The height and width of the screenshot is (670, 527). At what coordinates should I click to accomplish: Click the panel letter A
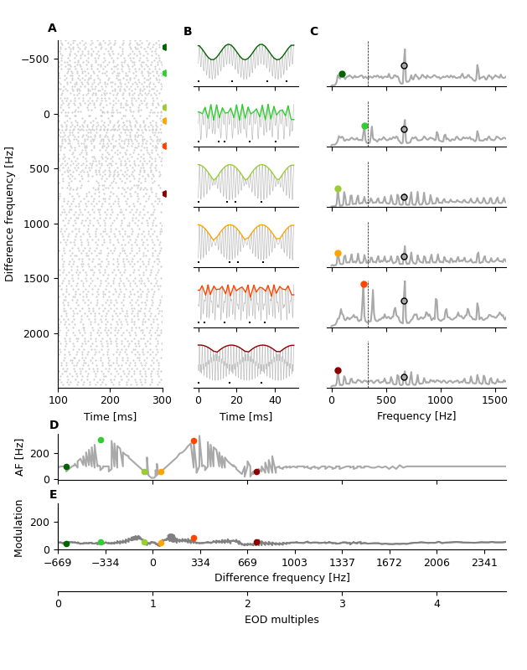click(x=52, y=28)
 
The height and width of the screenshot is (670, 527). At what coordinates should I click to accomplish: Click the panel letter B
click(x=188, y=32)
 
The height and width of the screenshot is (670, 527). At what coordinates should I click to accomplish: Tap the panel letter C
click(x=313, y=32)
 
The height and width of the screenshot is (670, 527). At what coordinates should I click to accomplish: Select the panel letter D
click(x=54, y=425)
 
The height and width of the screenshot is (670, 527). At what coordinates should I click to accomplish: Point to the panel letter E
click(x=53, y=495)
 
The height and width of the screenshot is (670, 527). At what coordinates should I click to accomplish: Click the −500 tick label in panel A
click(x=36, y=59)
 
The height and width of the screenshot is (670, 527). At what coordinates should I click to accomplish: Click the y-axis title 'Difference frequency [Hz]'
click(x=10, y=214)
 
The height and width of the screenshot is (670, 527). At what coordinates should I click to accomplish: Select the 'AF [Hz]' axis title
click(x=20, y=457)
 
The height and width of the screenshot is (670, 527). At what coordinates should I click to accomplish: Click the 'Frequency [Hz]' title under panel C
click(x=416, y=416)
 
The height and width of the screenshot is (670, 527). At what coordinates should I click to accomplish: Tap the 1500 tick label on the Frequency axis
click(x=495, y=400)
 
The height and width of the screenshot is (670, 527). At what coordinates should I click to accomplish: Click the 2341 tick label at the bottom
click(x=484, y=563)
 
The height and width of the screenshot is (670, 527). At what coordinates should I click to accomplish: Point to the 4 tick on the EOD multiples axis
click(x=437, y=605)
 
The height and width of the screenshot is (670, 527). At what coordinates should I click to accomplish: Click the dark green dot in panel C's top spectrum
click(x=342, y=75)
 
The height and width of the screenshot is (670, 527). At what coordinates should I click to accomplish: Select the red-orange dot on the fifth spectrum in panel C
click(x=364, y=285)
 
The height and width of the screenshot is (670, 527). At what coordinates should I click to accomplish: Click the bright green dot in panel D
click(x=101, y=441)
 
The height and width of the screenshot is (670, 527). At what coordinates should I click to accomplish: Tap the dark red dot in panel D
click(x=256, y=472)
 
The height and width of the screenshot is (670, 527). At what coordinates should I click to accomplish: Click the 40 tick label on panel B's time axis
click(x=275, y=400)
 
